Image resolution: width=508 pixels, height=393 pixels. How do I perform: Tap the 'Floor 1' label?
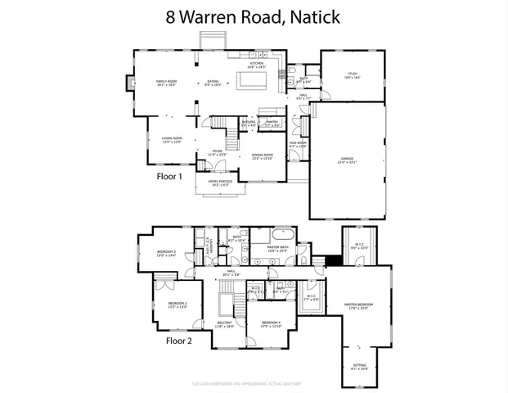(x=169, y=175)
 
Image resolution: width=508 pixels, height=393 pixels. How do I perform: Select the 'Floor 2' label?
(x=179, y=339)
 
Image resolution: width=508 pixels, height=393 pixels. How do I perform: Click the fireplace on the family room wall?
(x=127, y=83)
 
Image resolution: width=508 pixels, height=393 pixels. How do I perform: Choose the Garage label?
(x=348, y=160)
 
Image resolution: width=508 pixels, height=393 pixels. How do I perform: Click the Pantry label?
(x=272, y=123)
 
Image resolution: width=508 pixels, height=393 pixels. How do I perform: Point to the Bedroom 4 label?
(x=271, y=325)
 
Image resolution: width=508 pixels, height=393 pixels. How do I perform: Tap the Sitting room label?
(x=359, y=368)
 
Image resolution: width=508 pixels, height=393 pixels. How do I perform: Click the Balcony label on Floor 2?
(x=225, y=325)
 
